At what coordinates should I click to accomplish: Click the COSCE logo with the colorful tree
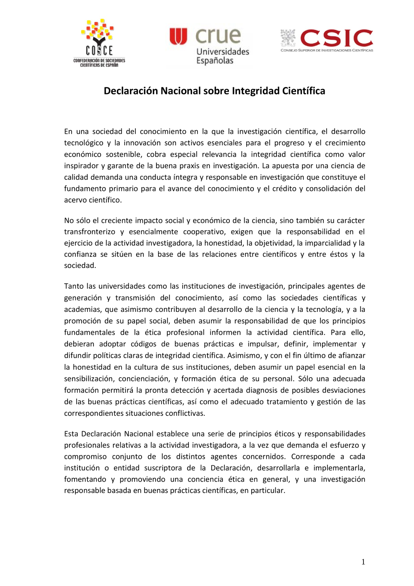tap(99, 43)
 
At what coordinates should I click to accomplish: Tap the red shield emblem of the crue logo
tap(178, 36)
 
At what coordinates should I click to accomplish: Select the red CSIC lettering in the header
tap(336, 38)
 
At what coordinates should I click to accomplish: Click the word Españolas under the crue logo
tap(214, 60)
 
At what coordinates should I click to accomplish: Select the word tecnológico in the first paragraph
tap(84, 143)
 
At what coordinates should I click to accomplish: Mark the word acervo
tap(76, 200)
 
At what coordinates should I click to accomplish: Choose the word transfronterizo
tap(89, 232)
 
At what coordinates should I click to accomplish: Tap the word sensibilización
tap(88, 379)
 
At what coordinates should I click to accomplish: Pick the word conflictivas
tap(185, 413)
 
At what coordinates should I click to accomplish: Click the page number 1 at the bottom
tap(363, 562)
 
